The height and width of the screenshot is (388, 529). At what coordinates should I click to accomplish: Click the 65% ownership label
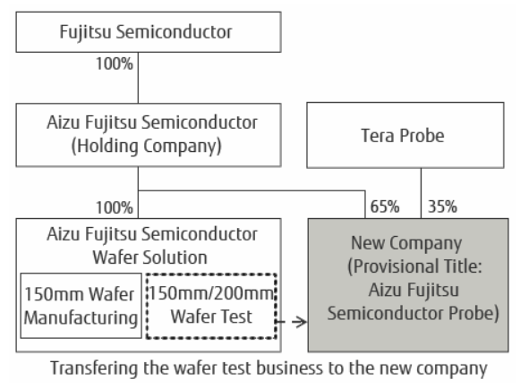tap(385, 207)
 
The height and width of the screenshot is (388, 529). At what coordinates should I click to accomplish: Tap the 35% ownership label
tap(442, 207)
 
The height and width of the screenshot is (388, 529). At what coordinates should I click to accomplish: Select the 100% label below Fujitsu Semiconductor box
tap(115, 63)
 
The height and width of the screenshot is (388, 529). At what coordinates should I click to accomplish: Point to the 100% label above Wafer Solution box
tap(115, 207)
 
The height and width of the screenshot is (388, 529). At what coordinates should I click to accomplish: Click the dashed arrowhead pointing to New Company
tap(300, 322)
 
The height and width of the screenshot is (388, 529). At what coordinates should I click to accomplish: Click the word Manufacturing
tap(81, 318)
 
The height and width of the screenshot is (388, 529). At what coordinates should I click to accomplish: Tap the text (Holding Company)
tap(147, 147)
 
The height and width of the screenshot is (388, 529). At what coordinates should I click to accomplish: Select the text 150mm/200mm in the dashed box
tap(211, 293)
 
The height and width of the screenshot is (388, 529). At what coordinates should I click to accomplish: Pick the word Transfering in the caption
tap(94, 368)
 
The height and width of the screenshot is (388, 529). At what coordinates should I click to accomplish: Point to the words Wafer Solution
tap(149, 257)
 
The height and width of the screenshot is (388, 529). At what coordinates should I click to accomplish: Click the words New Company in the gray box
tap(406, 243)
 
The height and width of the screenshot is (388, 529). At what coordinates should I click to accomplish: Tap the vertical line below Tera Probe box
tap(421, 193)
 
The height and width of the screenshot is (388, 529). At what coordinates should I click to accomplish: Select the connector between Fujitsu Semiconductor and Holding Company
tap(138, 78)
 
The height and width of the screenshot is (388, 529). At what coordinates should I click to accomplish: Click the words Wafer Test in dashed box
tap(211, 316)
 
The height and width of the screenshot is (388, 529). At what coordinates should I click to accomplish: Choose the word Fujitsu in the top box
tap(85, 32)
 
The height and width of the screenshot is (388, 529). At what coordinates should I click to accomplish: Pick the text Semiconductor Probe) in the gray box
tap(413, 313)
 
